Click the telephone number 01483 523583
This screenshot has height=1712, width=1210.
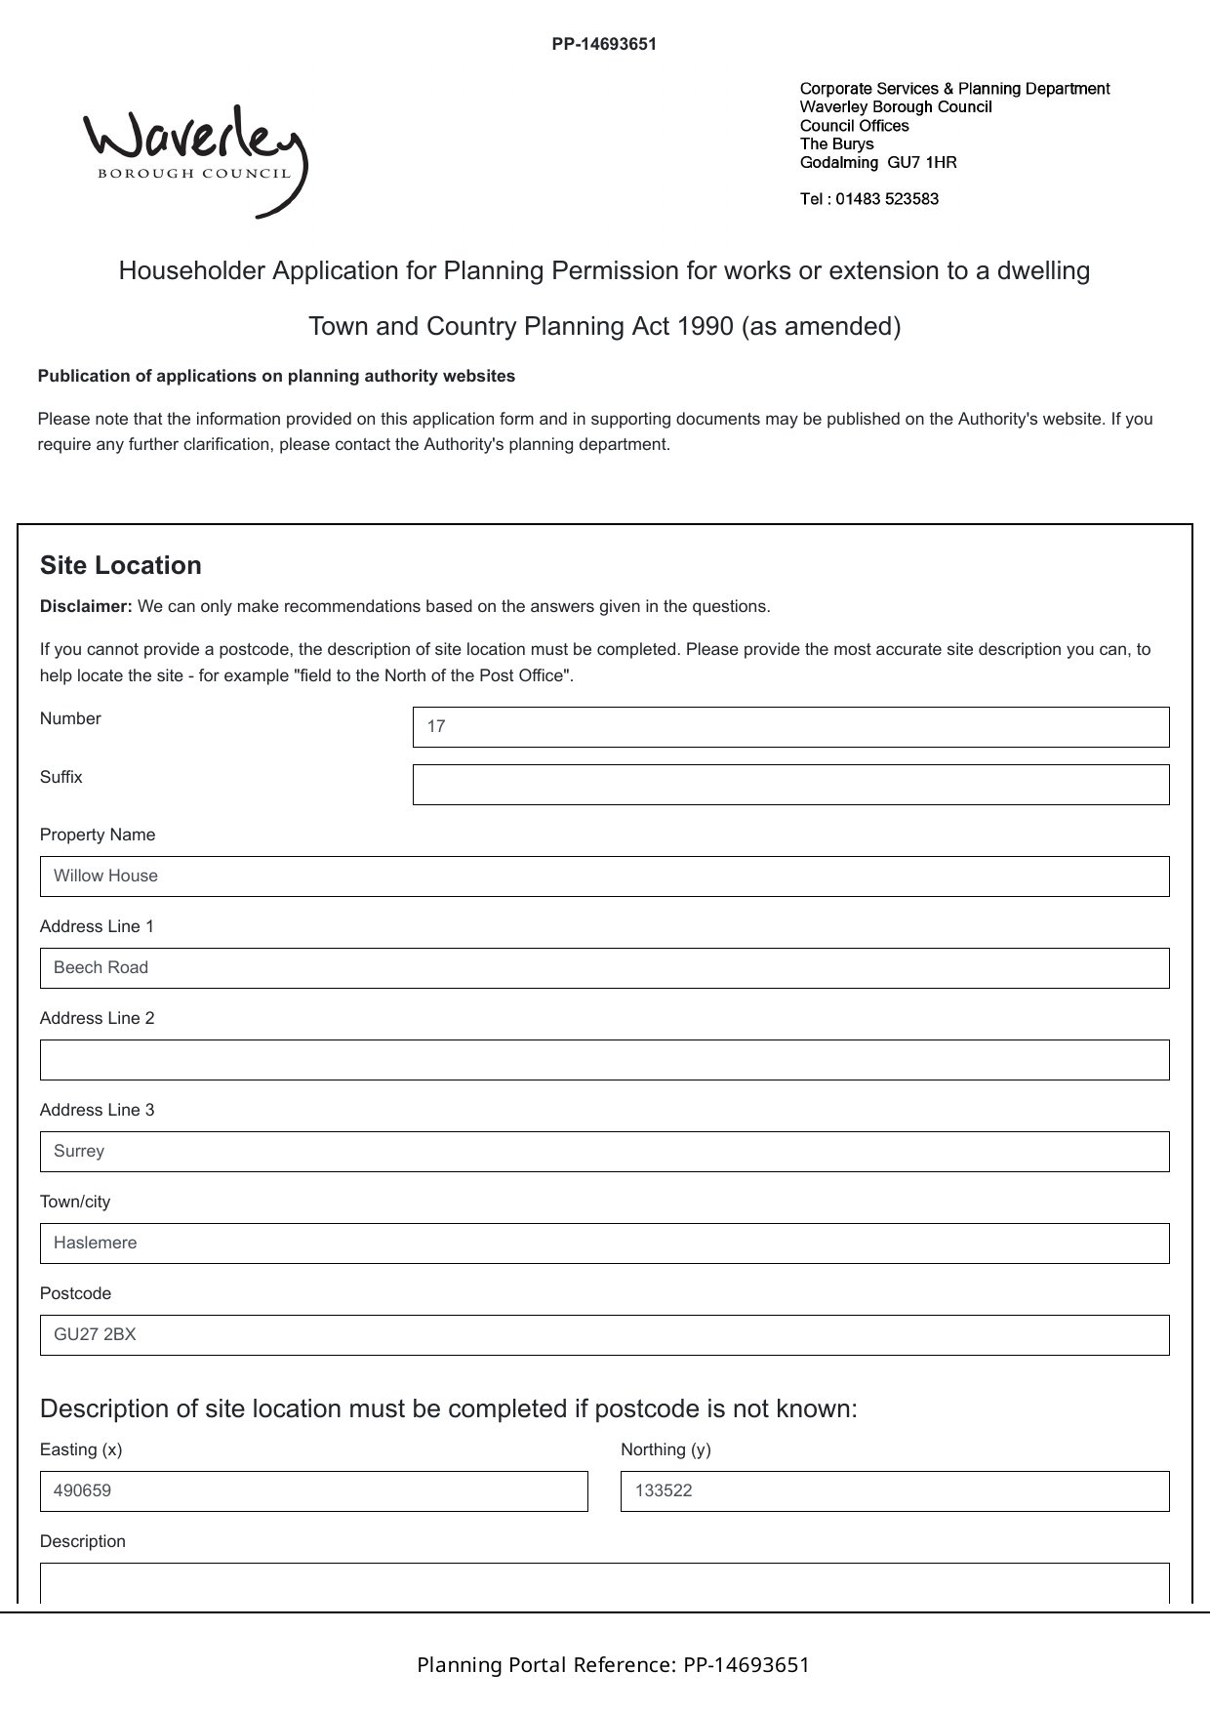tap(887, 199)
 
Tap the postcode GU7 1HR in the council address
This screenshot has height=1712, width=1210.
tap(922, 162)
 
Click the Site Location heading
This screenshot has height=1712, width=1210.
tap(121, 566)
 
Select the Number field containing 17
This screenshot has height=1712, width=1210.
tap(790, 727)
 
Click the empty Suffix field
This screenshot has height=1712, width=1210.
tap(790, 785)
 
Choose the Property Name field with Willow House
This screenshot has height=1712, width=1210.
tap(604, 876)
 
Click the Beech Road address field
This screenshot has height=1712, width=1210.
tap(604, 968)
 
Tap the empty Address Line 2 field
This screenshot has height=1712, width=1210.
tap(604, 1060)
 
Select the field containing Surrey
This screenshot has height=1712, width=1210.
tap(604, 1152)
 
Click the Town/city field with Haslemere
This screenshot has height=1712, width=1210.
tap(604, 1243)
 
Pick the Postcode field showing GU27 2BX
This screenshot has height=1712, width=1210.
tap(604, 1335)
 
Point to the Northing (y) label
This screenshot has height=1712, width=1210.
tap(665, 1449)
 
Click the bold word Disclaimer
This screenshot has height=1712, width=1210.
tap(86, 606)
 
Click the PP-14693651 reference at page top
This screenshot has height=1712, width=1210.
tap(604, 44)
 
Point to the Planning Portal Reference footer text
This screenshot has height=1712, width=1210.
tap(613, 1665)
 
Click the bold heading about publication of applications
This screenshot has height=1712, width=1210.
tap(276, 376)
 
